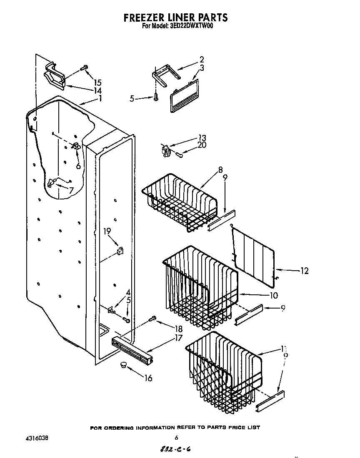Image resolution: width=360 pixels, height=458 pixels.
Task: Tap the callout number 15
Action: click(97, 82)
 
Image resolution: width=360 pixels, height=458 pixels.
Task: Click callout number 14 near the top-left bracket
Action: click(97, 90)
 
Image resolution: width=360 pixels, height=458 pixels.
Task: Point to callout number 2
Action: click(202, 60)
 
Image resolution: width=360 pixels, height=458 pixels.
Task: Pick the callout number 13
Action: click(202, 138)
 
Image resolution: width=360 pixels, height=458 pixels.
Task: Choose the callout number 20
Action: click(202, 145)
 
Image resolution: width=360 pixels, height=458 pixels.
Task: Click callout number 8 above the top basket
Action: click(220, 169)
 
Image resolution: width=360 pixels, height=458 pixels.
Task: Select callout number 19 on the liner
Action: click(107, 231)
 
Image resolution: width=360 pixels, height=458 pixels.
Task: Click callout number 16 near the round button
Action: click(148, 378)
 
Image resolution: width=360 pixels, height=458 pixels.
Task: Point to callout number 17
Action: click(178, 338)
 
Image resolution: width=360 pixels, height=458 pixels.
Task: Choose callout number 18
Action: click(178, 329)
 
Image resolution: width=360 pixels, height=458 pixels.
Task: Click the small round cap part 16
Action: click(123, 365)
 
